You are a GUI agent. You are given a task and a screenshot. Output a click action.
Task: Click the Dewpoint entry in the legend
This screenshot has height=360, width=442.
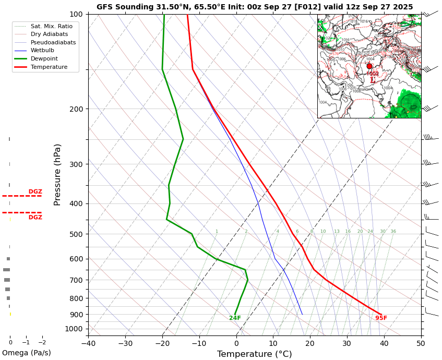[x=44, y=59]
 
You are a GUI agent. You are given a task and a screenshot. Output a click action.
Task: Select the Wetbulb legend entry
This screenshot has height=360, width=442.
[x=42, y=51]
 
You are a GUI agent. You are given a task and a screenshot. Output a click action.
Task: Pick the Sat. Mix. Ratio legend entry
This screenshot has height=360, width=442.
[x=51, y=26]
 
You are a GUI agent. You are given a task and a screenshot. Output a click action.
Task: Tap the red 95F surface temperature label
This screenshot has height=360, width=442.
[x=381, y=318]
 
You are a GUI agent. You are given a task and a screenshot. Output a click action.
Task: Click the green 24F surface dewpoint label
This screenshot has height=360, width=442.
[x=235, y=318]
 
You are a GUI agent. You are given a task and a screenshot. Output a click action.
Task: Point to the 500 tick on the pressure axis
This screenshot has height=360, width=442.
[x=76, y=234]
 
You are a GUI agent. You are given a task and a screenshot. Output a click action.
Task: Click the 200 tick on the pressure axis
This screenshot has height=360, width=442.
[x=76, y=109]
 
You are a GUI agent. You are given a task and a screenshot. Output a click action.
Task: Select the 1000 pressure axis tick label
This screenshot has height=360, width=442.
[x=74, y=329]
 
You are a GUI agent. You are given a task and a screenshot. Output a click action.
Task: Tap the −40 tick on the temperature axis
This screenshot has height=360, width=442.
[x=88, y=343]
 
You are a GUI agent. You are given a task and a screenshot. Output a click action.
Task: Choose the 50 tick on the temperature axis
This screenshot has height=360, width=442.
[x=421, y=343]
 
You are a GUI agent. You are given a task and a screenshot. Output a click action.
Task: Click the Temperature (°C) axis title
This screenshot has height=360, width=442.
[x=255, y=354]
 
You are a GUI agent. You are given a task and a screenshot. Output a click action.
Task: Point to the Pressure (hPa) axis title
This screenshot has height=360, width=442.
[x=57, y=174]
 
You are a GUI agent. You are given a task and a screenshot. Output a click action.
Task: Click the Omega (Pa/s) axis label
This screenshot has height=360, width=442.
[x=26, y=353]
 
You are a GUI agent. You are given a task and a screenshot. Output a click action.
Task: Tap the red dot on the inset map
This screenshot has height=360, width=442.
[x=369, y=66]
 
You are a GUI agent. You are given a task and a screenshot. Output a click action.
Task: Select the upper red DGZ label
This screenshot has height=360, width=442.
[x=35, y=191]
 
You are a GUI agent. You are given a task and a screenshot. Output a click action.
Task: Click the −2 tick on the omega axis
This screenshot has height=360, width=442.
[x=42, y=343]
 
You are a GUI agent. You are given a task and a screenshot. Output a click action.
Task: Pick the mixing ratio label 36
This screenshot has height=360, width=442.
[x=393, y=232]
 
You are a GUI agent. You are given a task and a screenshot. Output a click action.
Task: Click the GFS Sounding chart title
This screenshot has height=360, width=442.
[x=255, y=7]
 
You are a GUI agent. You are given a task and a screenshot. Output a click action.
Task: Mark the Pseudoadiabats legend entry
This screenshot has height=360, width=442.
[x=53, y=42]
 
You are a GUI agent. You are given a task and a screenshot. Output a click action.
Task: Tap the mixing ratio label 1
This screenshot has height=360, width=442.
[x=217, y=232]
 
